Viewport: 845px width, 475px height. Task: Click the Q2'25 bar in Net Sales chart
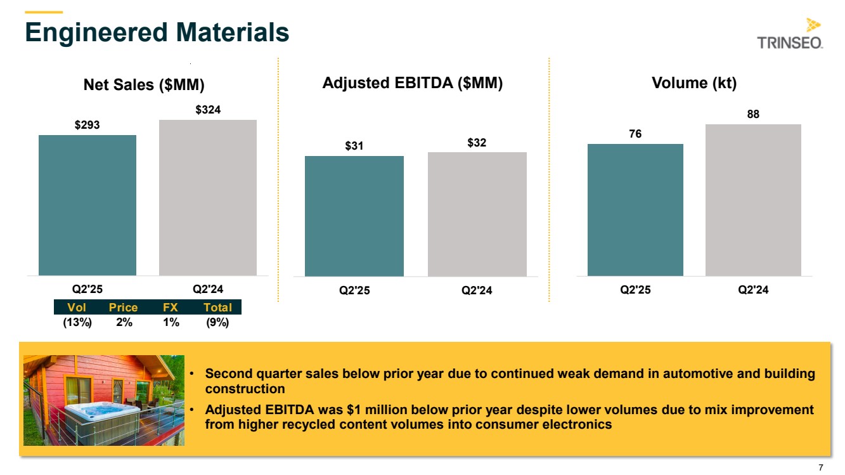(87, 205)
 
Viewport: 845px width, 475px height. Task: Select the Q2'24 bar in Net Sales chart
(207, 197)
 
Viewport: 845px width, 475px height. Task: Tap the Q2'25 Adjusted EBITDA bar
(354, 216)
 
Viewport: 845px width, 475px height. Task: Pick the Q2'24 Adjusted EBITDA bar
(477, 214)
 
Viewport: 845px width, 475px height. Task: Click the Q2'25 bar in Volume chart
(635, 209)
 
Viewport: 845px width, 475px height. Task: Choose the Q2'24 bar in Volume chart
(753, 200)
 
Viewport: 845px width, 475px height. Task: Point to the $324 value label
(207, 110)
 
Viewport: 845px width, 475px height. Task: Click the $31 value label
(354, 146)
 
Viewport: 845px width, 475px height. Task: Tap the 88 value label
(753, 114)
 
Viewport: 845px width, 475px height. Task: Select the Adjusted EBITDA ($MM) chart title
(413, 83)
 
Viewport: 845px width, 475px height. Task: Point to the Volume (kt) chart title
(694, 83)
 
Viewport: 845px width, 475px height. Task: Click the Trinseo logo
(790, 35)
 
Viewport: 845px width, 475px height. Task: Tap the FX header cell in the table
(170, 308)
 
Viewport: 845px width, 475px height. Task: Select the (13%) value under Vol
(77, 322)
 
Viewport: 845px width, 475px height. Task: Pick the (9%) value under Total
(217, 322)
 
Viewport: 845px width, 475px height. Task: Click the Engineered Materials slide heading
(157, 32)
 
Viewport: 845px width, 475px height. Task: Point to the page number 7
(821, 467)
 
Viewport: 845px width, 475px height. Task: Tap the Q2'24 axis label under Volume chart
(753, 290)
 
